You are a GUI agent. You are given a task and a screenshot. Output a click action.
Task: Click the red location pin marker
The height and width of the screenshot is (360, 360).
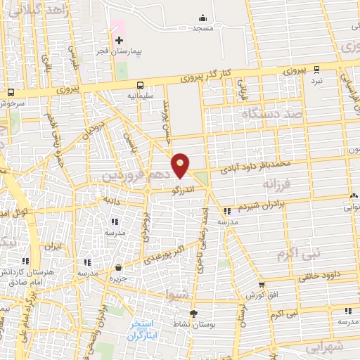pyautogui.click(x=181, y=165)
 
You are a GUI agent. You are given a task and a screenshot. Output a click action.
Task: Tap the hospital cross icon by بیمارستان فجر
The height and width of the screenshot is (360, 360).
pyautogui.click(x=119, y=40)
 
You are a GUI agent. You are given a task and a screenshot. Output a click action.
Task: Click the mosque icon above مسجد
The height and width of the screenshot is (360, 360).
pyautogui.click(x=203, y=18)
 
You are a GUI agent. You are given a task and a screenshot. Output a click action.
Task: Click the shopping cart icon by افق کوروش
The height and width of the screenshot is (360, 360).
pyautogui.click(x=262, y=285)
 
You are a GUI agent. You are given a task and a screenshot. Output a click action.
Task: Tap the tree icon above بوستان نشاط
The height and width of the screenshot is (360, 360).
pyautogui.click(x=193, y=314)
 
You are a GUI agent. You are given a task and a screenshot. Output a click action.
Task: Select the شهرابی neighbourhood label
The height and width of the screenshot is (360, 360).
pyautogui.click(x=323, y=347)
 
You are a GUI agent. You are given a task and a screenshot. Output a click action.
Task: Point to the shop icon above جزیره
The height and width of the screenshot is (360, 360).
pyautogui.click(x=117, y=267)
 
